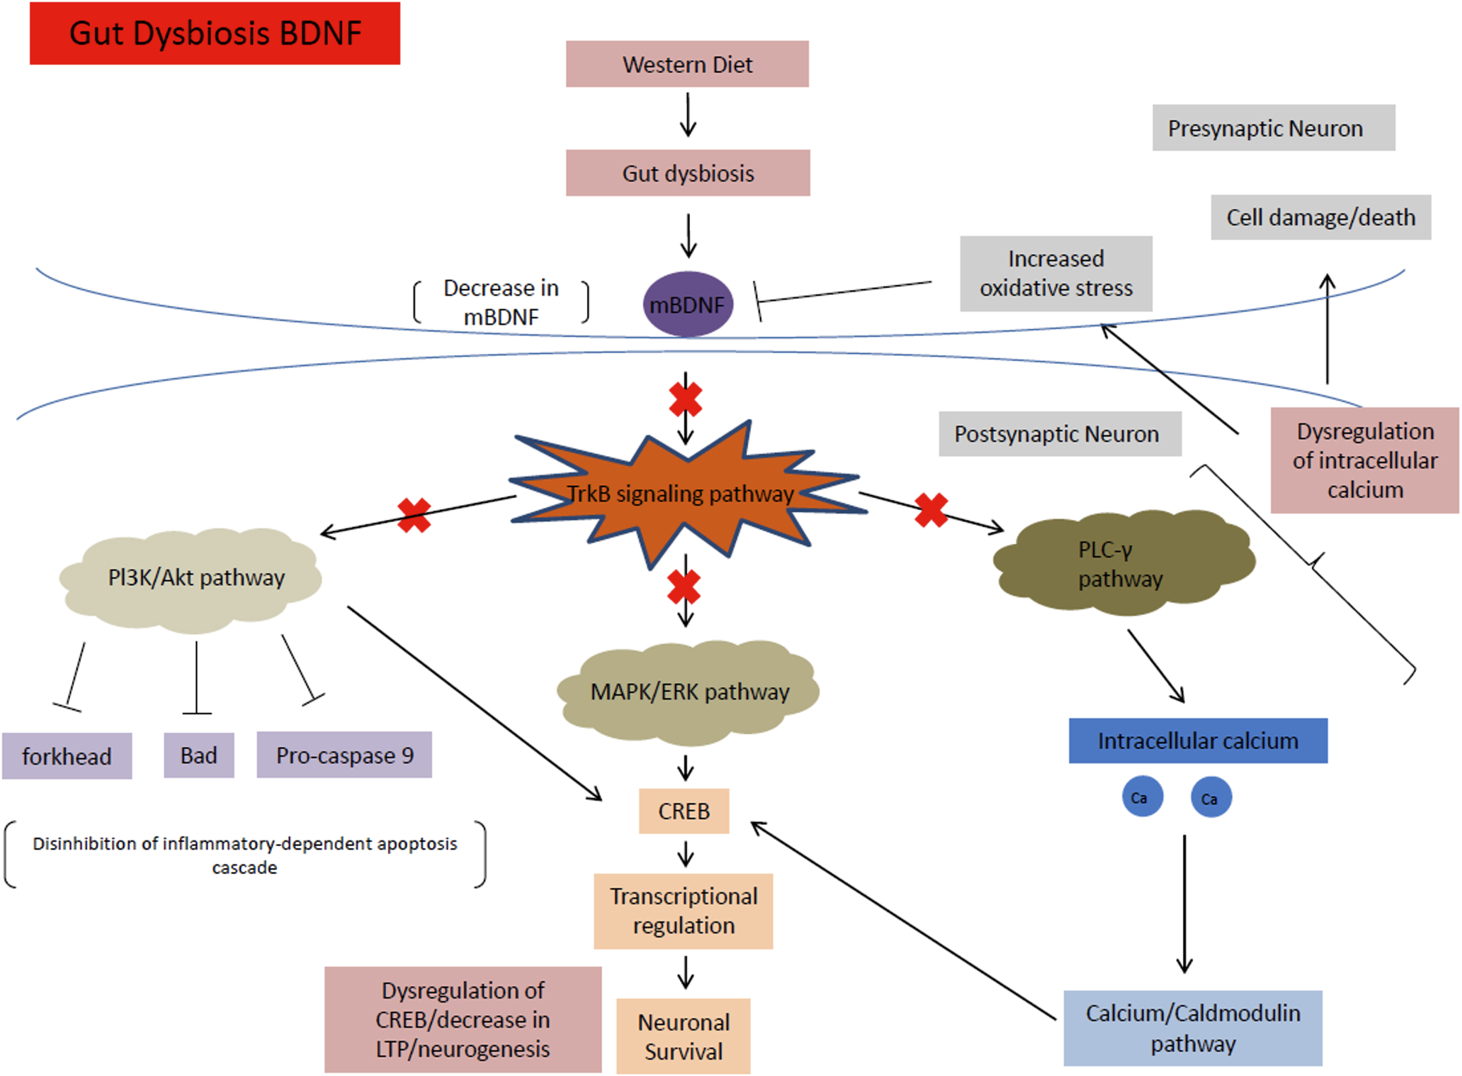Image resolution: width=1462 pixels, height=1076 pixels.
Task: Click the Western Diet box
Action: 687,64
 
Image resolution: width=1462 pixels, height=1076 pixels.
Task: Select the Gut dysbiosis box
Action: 688,173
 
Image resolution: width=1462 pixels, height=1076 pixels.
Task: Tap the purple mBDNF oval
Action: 688,304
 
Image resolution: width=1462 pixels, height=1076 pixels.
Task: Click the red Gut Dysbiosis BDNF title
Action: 215,33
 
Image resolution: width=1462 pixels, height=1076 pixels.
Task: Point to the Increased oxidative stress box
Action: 1056,274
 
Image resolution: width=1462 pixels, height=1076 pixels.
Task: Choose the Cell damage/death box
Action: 1321,217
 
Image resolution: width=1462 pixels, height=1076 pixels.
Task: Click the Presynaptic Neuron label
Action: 1274,128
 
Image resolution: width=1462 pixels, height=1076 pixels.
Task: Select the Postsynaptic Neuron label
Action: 1060,434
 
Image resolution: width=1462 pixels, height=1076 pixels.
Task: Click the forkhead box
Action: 67,756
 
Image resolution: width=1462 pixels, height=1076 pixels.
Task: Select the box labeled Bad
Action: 199,755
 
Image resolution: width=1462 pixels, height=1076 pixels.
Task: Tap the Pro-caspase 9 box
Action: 344,755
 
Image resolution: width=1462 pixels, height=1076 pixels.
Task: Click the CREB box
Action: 684,811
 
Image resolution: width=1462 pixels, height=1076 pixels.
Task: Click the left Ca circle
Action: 1142,796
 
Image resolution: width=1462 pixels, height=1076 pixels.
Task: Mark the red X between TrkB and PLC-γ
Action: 931,510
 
